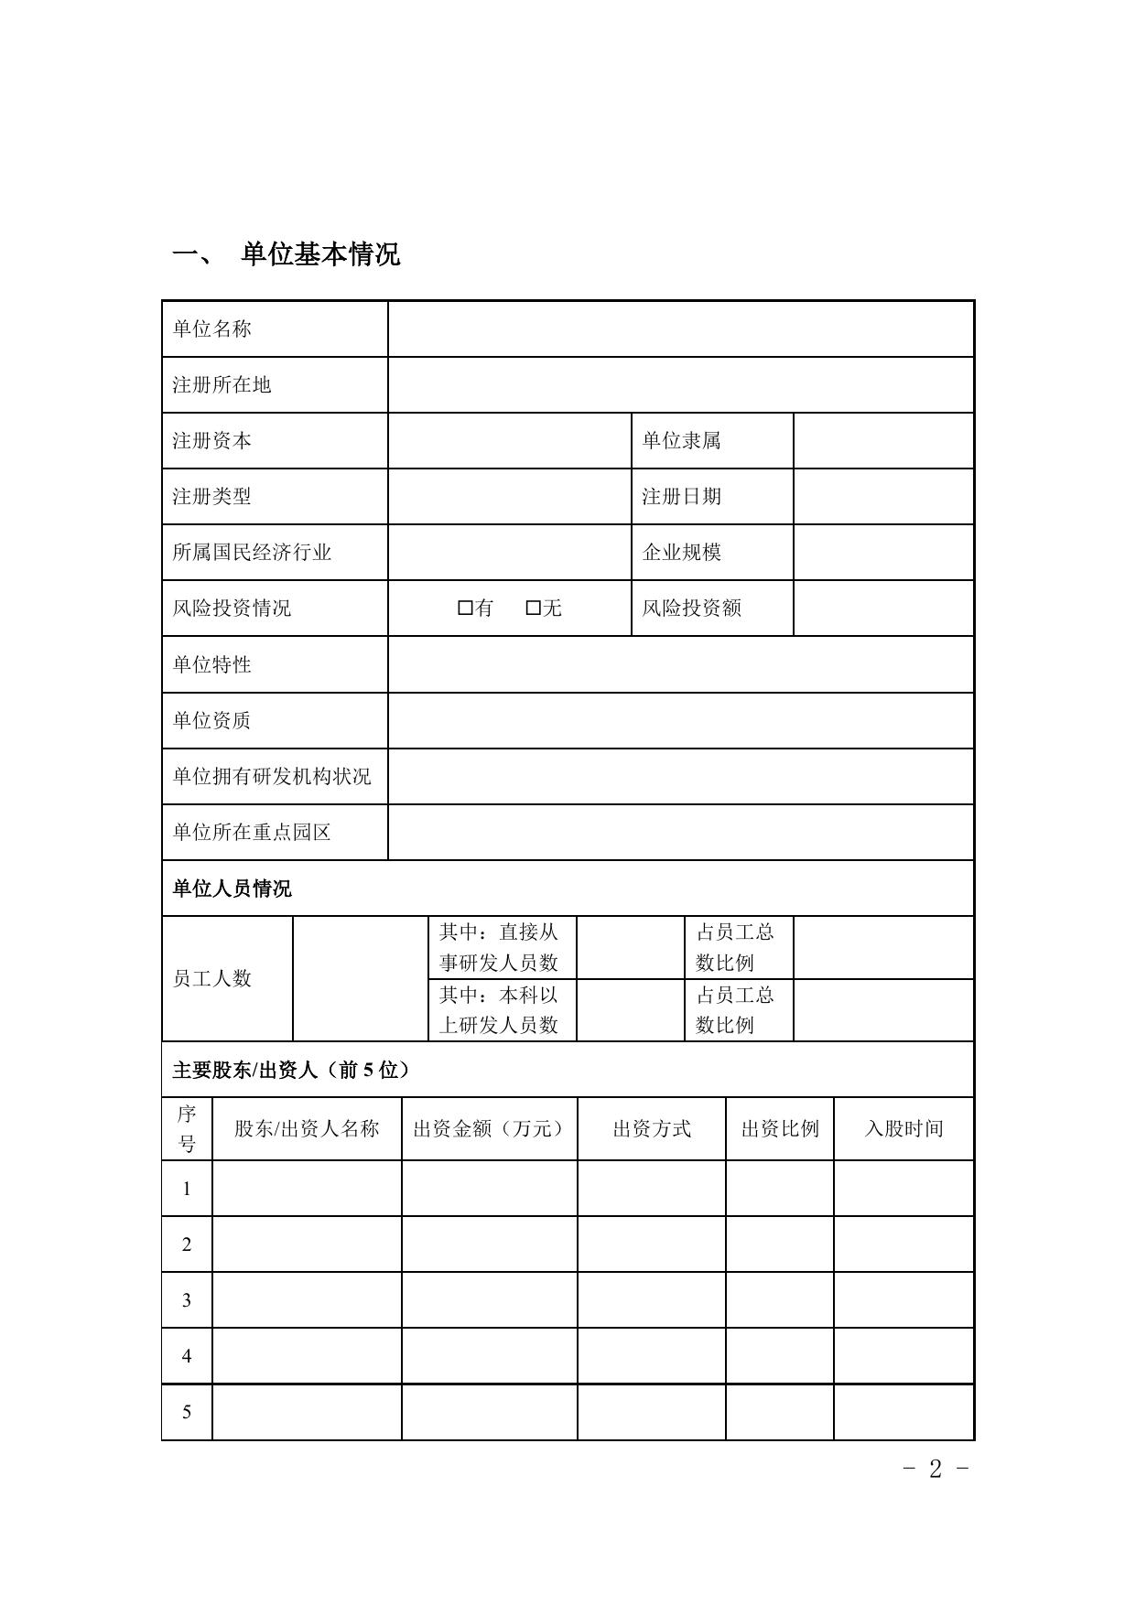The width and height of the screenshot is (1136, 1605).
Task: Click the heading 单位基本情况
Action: pos(319,254)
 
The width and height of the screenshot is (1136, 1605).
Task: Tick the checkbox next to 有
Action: pos(465,608)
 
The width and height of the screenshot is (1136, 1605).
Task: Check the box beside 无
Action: pos(534,608)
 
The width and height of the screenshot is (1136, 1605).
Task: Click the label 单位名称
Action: pos(211,329)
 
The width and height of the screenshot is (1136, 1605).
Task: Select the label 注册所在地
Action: pos(222,385)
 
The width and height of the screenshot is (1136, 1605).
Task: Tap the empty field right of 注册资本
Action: pos(509,441)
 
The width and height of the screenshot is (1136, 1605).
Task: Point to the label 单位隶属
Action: pos(681,441)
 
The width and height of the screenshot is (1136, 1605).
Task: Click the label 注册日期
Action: pos(681,497)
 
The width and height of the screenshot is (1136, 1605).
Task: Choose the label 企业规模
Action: pos(681,553)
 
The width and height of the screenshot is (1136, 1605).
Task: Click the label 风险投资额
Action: pos(691,609)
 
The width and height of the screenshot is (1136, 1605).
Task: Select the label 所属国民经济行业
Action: pos(252,553)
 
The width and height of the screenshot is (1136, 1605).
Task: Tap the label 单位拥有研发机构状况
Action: pos(272,777)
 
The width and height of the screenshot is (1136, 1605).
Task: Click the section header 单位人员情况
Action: pos(232,889)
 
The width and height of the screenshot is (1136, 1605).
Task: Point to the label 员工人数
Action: pos(211,978)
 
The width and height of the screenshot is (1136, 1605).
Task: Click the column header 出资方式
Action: pos(652,1129)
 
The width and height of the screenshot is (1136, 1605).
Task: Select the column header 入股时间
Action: pos(903,1129)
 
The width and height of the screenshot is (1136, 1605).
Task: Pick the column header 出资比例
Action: pos(780,1129)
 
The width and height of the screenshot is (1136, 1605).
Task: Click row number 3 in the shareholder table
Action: pos(187,1300)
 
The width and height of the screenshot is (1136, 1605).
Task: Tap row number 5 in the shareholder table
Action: pos(187,1412)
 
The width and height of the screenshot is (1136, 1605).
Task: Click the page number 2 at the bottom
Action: pos(935,1469)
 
